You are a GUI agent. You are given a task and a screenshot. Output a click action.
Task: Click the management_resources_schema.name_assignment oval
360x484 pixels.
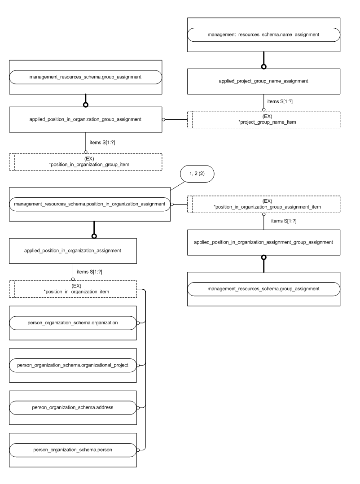[263, 35]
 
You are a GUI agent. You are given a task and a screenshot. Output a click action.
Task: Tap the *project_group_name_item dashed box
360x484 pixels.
[263, 120]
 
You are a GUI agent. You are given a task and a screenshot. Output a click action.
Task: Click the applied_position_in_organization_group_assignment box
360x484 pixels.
[85, 119]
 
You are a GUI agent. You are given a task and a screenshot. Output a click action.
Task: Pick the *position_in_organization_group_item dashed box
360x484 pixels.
[85, 161]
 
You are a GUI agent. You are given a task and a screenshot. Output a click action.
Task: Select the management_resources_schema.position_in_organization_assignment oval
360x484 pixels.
[90, 205]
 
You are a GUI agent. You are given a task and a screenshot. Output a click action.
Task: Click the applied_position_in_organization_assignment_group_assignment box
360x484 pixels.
[263, 242]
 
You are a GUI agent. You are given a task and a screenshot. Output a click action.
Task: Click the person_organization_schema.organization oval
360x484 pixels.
[73, 322]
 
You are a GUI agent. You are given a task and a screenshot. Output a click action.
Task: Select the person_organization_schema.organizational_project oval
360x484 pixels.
[73, 365]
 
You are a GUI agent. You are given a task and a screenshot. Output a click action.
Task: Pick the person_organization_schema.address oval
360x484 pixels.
[73, 407]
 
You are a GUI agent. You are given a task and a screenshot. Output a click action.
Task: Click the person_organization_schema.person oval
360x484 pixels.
[73, 449]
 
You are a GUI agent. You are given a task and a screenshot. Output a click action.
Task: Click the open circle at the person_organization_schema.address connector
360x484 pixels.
[139, 407]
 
